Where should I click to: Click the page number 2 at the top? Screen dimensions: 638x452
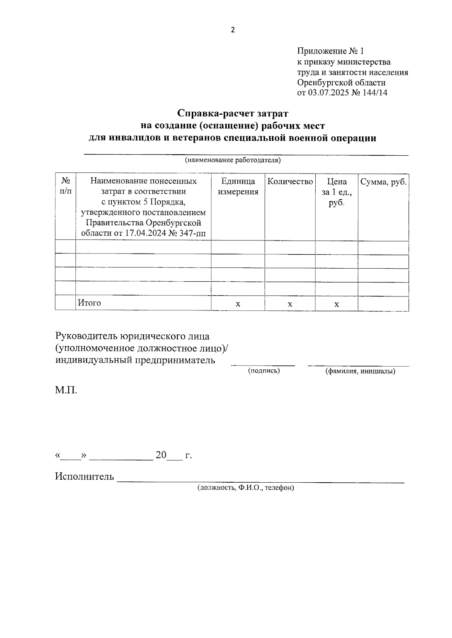pos(232,30)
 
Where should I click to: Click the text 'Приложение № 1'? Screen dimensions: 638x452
pos(330,51)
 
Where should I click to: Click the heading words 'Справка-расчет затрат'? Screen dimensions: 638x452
pos(232,113)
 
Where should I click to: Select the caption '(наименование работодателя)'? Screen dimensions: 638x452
pos(232,160)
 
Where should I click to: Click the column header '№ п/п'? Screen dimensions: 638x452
pos(65,186)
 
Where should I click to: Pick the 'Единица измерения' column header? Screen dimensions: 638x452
pos(238,187)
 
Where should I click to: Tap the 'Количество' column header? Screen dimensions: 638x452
pos(290,182)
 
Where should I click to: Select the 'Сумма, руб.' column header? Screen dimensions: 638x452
pos(383,182)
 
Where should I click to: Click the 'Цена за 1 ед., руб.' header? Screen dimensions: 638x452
pos(336,192)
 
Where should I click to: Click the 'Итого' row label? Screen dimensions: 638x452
pos(89,303)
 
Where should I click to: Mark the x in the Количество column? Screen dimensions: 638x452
pos(290,304)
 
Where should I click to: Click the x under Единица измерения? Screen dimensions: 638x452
pos(238,304)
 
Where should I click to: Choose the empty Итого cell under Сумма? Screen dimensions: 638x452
pos(383,303)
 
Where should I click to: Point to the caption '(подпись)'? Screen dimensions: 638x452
pos(264,371)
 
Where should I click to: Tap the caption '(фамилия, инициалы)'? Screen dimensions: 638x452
pos(360,372)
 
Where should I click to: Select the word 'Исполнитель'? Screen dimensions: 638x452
pos(84,477)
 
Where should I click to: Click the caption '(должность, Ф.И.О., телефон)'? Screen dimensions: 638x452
pos(245,488)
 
